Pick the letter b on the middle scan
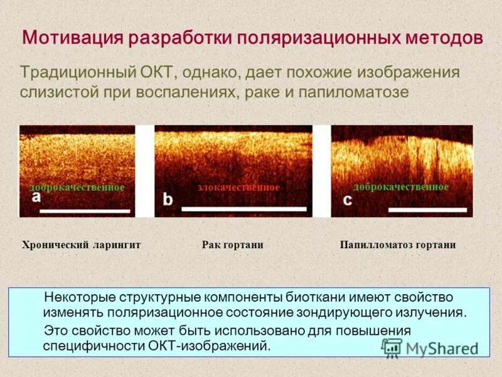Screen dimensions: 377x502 (x=168, y=199)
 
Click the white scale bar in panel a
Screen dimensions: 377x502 (x=85, y=210)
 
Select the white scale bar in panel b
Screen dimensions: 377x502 (x=243, y=208)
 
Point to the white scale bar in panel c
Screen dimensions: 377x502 (x=432, y=209)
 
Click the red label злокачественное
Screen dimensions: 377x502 (x=238, y=188)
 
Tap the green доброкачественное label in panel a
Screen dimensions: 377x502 (x=77, y=188)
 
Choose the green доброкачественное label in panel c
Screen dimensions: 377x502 (x=401, y=187)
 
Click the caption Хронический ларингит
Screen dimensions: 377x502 (x=81, y=245)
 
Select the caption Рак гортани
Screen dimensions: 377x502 (x=232, y=245)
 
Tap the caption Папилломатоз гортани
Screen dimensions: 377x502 (x=398, y=245)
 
